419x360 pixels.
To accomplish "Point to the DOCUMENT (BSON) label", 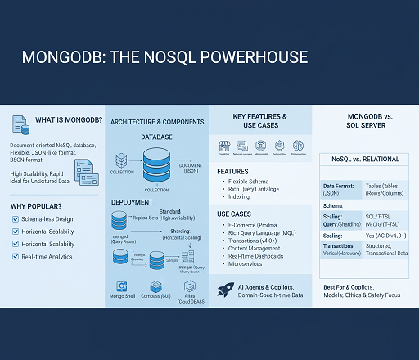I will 191,168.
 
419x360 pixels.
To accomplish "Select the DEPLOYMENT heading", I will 131,200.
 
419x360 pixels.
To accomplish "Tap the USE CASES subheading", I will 234,214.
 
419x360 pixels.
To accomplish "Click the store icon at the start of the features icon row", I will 223,145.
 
